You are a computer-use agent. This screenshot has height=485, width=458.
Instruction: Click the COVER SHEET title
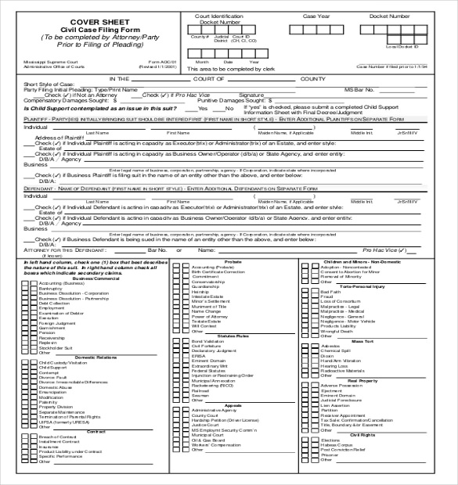tap(92, 21)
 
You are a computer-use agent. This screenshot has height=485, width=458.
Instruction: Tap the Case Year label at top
tap(316, 16)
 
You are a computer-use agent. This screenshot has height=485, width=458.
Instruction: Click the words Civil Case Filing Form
tap(92, 29)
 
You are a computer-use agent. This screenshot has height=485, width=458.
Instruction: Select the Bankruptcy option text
tap(50, 289)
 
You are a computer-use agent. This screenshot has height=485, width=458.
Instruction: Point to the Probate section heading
tap(233, 261)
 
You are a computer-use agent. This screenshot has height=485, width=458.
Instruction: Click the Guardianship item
tap(206, 286)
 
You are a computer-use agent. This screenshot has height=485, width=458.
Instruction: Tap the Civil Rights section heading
tap(362, 434)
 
